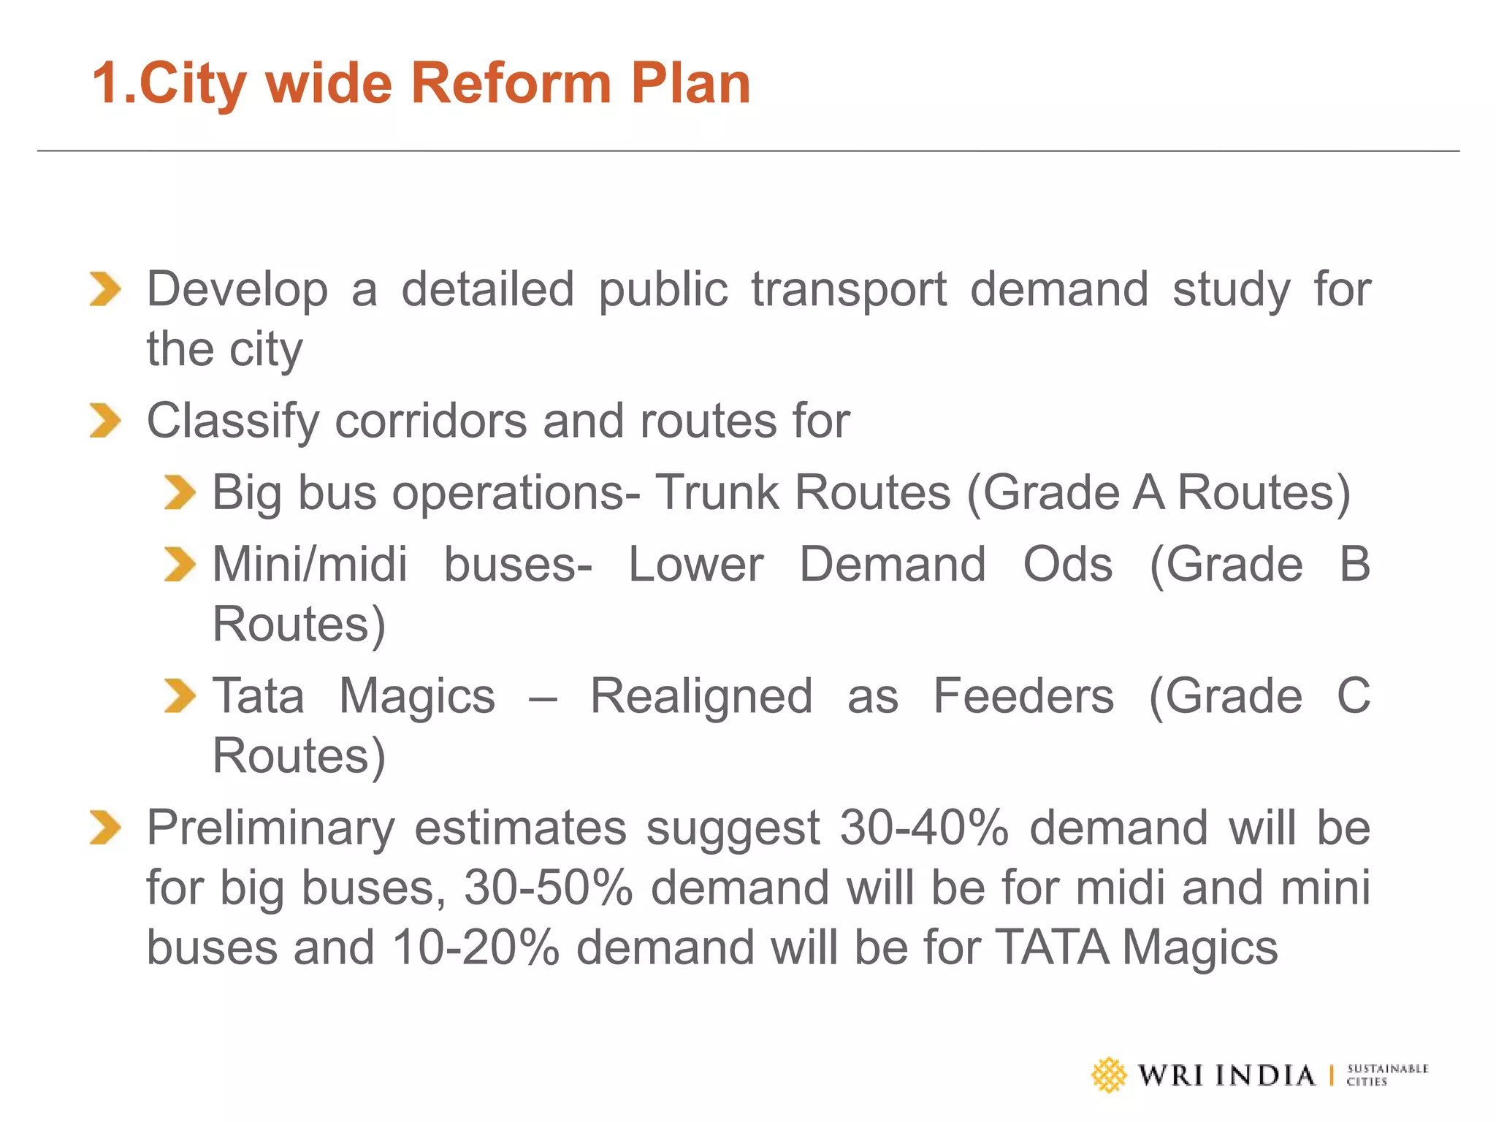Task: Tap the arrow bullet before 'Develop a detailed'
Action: click(105, 289)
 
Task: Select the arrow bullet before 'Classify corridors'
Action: click(105, 421)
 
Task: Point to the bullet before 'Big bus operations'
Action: click(180, 492)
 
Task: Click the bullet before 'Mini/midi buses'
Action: click(180, 564)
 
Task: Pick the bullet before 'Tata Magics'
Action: click(180, 695)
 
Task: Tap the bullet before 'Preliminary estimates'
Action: click(105, 828)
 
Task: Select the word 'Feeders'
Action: click(1023, 695)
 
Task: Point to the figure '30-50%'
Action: click(548, 888)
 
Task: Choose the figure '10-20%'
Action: click(476, 947)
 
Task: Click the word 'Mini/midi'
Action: click(310, 565)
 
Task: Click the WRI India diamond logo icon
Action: click(1108, 1075)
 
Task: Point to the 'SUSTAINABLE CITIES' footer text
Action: click(1386, 1075)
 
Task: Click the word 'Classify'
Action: click(233, 422)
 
